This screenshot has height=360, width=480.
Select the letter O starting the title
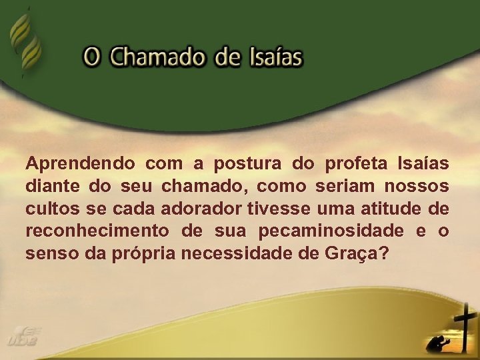tap(92, 57)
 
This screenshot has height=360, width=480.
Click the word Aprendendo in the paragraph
tap(80, 163)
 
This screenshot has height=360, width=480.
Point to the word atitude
tap(389, 209)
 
